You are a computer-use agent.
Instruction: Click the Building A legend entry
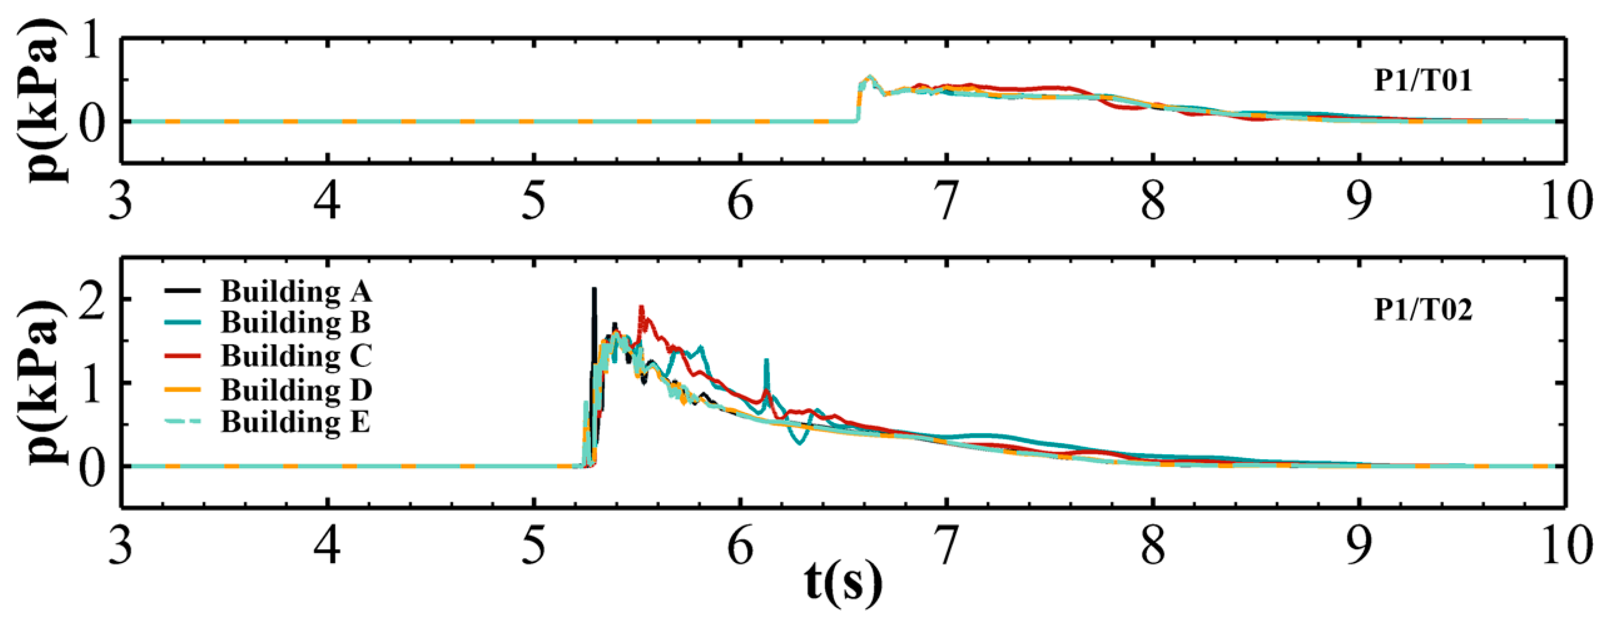[296, 291]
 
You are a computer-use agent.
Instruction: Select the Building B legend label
[296, 323]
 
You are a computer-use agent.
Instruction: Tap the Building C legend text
[296, 356]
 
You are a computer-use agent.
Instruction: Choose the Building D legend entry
[296, 390]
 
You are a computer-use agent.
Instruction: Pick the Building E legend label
[296, 422]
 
